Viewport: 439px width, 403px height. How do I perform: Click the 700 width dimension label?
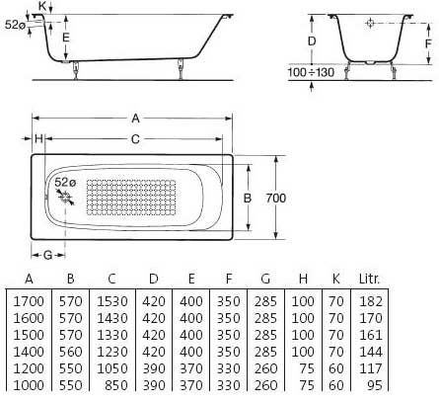[276, 198]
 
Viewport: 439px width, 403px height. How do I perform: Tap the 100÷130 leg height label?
[311, 72]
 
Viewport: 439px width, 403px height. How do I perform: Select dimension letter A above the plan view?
[135, 119]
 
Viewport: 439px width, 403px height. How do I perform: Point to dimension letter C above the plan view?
[135, 139]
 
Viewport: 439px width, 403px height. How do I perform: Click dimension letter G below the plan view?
[48, 255]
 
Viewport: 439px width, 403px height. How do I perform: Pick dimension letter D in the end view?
[312, 41]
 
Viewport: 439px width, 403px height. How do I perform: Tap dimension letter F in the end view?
[428, 43]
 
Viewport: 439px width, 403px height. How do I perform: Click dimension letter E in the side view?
[66, 38]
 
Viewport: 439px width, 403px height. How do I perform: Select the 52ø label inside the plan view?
[65, 182]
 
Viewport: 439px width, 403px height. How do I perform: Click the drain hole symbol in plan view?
[66, 198]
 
